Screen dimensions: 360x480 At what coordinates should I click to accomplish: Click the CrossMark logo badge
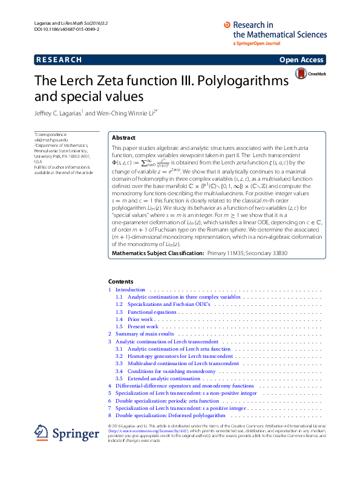tap(310, 73)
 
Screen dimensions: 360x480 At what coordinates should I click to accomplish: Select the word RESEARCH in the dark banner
tap(59, 59)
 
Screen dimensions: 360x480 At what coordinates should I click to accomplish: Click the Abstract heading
tap(124, 138)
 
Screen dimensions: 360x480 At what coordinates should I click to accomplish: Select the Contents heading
tap(121, 282)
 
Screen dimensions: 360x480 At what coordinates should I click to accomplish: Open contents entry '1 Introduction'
tap(126, 290)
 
